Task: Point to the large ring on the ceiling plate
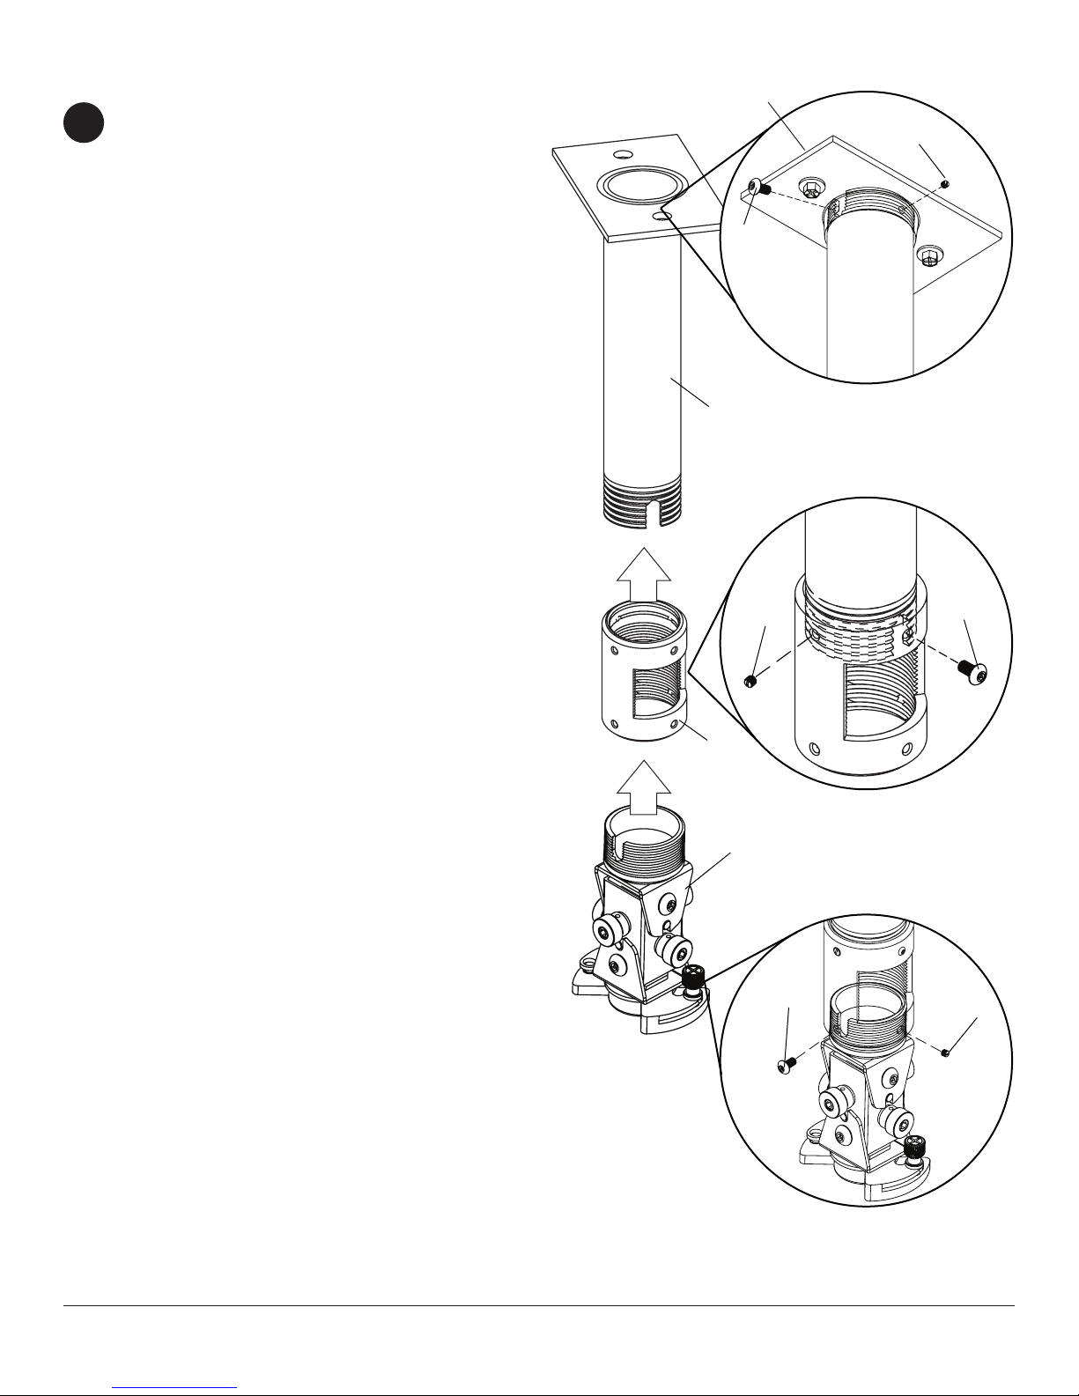click(x=640, y=186)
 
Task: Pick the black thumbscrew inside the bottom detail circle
click(x=914, y=1148)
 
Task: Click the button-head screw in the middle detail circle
click(x=972, y=671)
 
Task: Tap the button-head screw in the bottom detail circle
click(x=787, y=1066)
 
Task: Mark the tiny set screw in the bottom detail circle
click(x=944, y=1052)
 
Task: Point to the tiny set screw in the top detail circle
click(x=944, y=183)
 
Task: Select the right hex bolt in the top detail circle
click(x=927, y=256)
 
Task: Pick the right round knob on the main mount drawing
click(x=676, y=951)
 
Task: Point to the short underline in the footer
click(x=175, y=1387)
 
